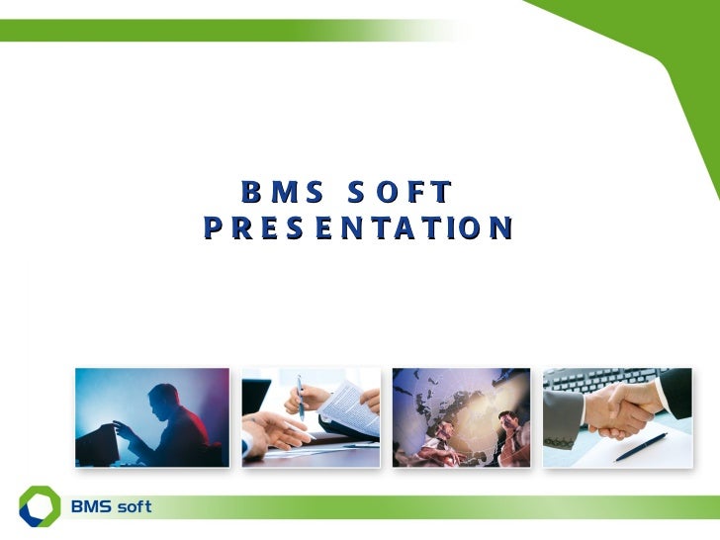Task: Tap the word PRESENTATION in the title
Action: point(358,228)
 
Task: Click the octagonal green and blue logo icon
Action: point(39,505)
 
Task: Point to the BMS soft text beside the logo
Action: point(110,507)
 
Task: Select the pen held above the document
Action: point(301,397)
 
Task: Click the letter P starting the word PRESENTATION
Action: point(213,228)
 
